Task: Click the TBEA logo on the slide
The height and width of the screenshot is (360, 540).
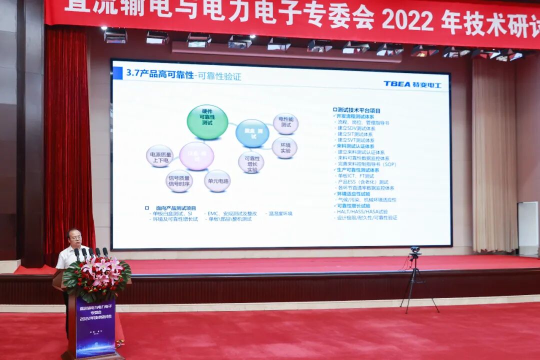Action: point(412,84)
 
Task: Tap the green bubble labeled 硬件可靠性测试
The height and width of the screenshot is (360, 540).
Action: point(207,122)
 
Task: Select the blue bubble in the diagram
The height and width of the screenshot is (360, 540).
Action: point(252,133)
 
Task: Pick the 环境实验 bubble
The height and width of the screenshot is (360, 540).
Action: point(285,148)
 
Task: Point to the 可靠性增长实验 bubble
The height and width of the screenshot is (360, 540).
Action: point(251,162)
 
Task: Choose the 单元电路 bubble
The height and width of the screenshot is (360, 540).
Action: point(217,181)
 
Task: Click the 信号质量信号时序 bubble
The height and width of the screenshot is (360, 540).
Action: point(179,181)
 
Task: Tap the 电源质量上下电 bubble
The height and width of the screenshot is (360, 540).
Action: point(159,156)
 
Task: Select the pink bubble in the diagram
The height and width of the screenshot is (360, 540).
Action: point(196,156)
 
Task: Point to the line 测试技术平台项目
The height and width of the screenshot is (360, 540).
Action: point(358,110)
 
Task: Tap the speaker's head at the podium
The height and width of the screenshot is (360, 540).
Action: point(75,238)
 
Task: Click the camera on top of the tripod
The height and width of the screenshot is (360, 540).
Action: point(415,250)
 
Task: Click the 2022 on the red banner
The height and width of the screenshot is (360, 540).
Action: point(407,20)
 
